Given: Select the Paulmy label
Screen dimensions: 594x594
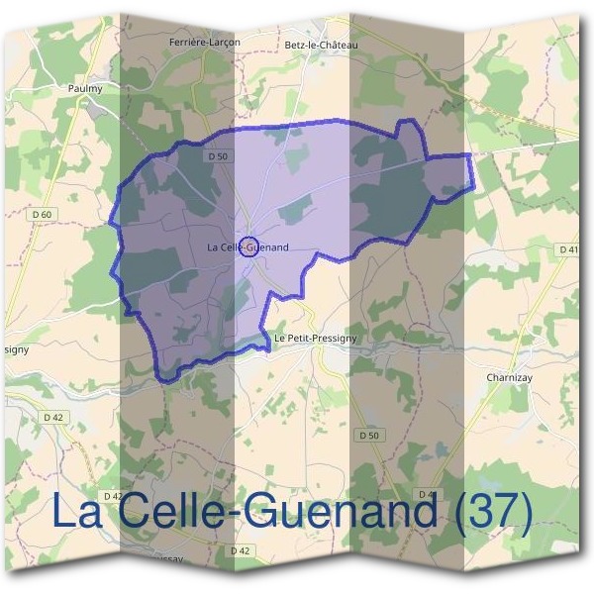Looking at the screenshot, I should [85, 88].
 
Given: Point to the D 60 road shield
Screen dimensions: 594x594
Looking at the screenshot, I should [43, 214].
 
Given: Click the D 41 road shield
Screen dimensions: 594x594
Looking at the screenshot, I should [565, 249].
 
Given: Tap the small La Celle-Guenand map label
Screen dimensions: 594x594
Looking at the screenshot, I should [248, 247].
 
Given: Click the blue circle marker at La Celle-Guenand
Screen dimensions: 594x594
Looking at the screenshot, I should [249, 247].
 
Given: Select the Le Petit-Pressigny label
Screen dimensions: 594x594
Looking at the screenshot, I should [314, 339].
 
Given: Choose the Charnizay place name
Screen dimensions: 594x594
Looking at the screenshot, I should [511, 377].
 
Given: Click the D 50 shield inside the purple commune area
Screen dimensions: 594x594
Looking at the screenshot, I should [219, 156].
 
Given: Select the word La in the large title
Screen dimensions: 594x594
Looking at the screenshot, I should [75, 512].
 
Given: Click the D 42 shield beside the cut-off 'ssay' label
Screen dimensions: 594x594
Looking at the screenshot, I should [240, 550].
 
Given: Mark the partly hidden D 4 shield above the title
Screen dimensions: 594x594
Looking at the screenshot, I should [427, 493].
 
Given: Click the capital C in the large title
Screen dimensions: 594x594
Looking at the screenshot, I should [127, 512].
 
